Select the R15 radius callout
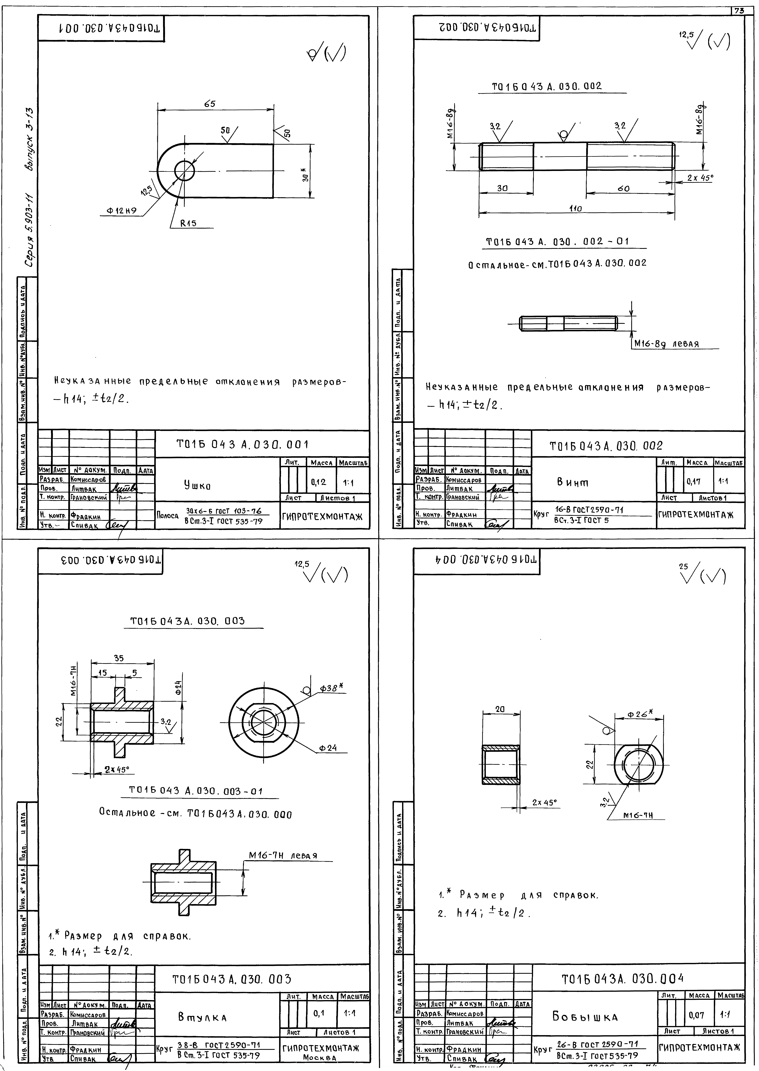coord(189,224)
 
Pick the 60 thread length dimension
coord(623,188)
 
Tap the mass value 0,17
coord(694,481)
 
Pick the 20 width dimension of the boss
coord(500,709)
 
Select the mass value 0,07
coord(696,1015)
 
